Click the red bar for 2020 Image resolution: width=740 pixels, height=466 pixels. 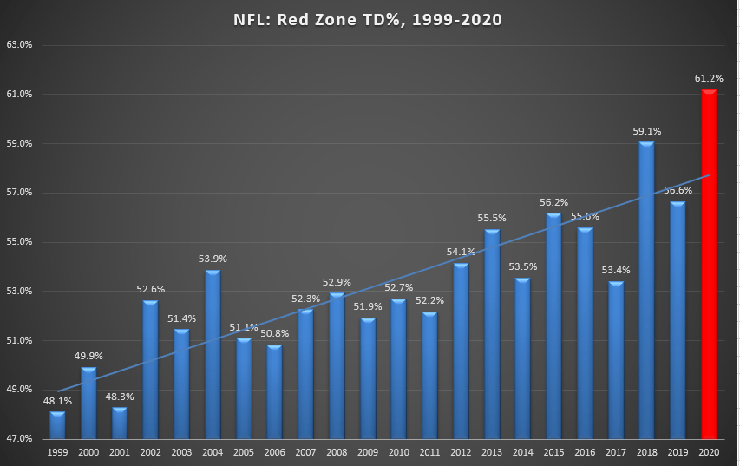pos(709,265)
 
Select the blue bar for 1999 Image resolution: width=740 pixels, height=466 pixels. pos(57,424)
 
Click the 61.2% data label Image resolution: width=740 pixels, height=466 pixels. pos(709,78)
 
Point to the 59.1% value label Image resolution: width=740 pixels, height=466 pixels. pos(647,131)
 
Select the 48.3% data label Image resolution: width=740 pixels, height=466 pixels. pos(120,397)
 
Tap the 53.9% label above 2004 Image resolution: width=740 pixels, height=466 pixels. pos(213,259)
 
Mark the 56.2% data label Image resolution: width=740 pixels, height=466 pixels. pos(553,202)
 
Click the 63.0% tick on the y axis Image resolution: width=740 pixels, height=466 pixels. pos(19,45)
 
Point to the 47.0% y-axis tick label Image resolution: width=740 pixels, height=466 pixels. pos(19,439)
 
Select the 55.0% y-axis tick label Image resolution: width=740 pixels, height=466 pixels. pos(19,242)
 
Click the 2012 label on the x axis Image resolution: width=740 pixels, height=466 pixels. pos(461,451)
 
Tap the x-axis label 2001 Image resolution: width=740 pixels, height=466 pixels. pos(120,451)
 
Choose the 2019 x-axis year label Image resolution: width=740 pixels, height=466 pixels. pos(678,451)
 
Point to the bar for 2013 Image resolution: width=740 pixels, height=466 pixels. pos(492,334)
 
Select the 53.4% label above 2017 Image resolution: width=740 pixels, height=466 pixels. pos(616,271)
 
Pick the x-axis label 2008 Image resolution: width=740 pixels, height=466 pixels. pos(337,451)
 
